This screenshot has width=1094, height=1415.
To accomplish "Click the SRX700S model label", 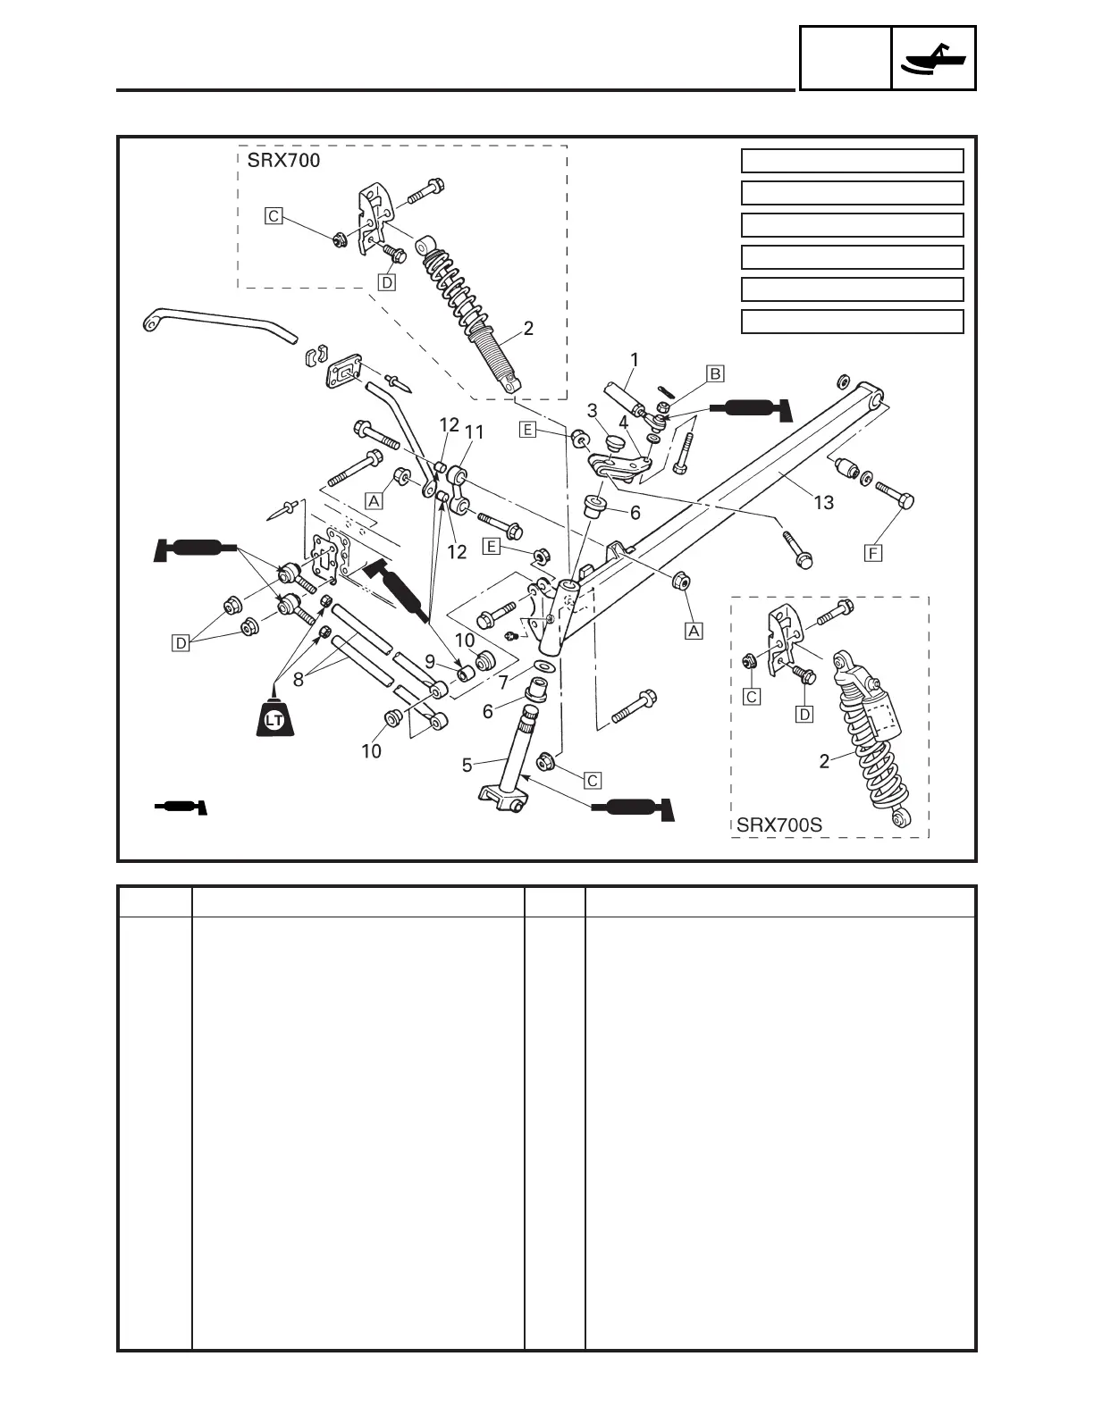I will click(x=778, y=825).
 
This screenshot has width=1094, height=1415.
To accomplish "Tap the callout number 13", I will click(x=823, y=503).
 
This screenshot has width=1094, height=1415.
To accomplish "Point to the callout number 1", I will click(x=635, y=360).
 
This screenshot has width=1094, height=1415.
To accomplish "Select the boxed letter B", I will click(x=715, y=373).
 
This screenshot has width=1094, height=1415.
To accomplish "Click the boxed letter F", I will click(x=873, y=553).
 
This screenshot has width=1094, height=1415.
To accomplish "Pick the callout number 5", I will click(x=467, y=765).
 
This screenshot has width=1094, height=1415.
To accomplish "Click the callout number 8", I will click(x=299, y=679).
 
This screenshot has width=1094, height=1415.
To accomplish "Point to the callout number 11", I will click(x=474, y=432).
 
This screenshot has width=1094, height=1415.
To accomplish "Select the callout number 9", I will click(x=430, y=662).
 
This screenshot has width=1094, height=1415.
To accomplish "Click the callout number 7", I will click(x=503, y=682).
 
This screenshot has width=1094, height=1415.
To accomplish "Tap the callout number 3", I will click(x=592, y=410).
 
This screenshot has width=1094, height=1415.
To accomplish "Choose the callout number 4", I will click(x=623, y=423).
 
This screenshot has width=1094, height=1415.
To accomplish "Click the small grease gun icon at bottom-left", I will click(x=181, y=808).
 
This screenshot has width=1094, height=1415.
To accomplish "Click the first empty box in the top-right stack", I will click(x=852, y=161).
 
